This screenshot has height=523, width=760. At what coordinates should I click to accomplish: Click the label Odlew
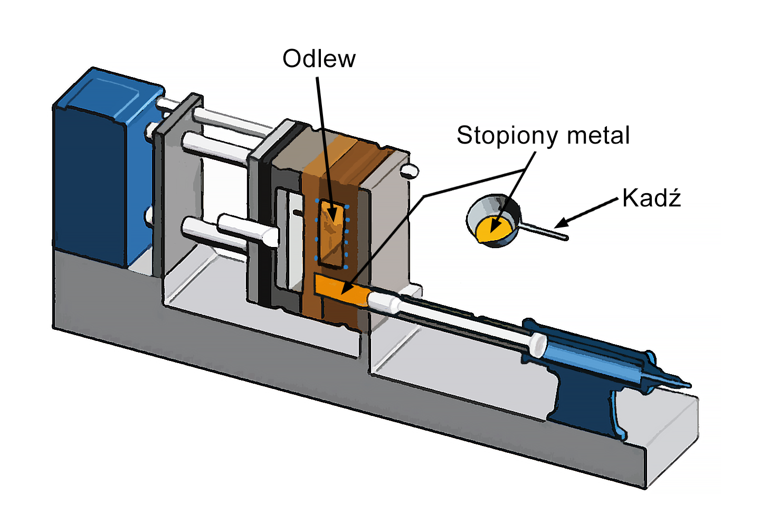[x=319, y=59]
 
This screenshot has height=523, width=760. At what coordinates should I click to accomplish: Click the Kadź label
[x=651, y=198]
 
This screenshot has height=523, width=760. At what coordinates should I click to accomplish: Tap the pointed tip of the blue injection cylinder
[x=683, y=383]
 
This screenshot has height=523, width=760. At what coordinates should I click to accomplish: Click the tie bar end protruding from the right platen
[x=410, y=170]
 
